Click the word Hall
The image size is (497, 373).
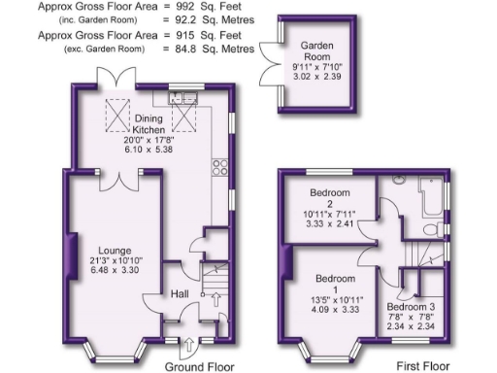[x=181, y=294]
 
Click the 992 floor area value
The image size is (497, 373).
[x=188, y=7]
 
